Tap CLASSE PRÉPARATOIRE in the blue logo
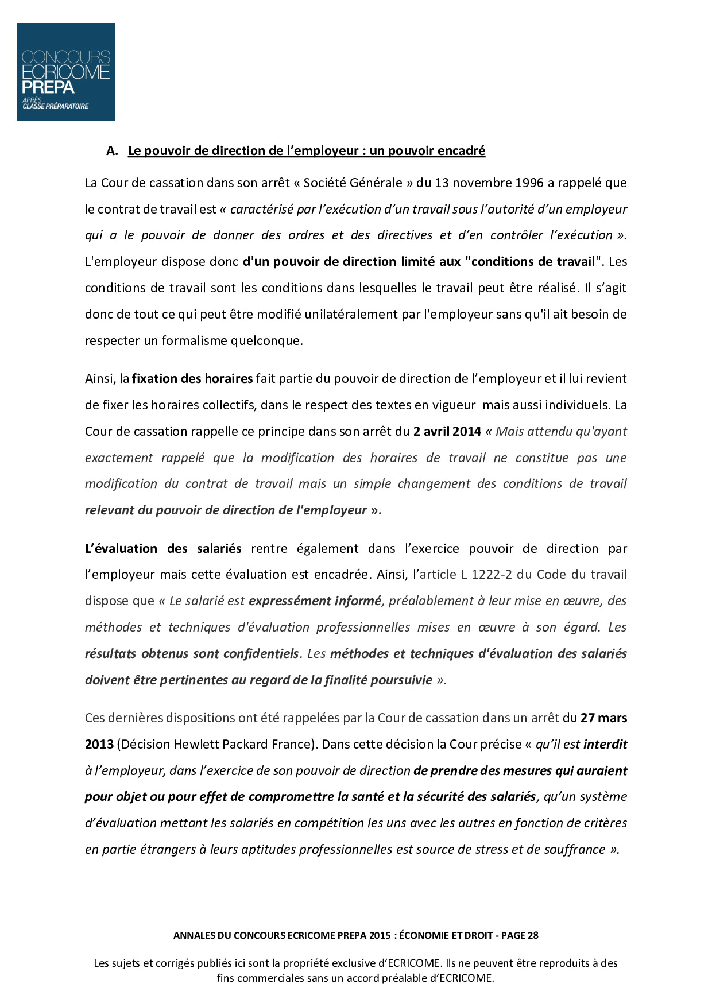(x=56, y=106)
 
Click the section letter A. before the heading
(x=112, y=151)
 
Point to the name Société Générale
(x=353, y=183)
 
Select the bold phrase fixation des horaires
(x=192, y=379)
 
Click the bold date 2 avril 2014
(x=447, y=431)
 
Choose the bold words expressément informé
(x=315, y=601)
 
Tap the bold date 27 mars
(x=603, y=718)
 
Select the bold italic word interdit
(x=605, y=745)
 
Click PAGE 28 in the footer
(x=520, y=935)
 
